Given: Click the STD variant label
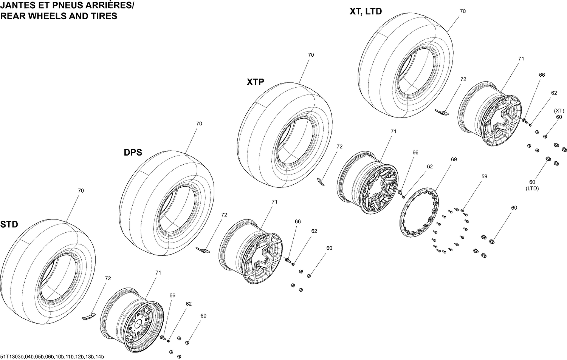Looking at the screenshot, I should coord(9,224).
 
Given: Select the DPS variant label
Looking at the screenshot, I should coord(133,152).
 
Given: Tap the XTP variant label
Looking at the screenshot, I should coord(255,82).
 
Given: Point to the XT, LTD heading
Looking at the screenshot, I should coord(366,11).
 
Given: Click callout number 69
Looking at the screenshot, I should coord(454,159).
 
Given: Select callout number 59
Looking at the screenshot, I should coord(484,176).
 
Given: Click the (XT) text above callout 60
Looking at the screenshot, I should coord(559,111).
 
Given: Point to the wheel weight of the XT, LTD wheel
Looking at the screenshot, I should coord(442,112).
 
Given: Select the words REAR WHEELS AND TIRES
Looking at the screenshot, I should coord(59,16).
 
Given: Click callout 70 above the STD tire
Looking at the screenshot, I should coord(81,191).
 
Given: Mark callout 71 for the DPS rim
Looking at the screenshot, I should coord(274,202).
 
